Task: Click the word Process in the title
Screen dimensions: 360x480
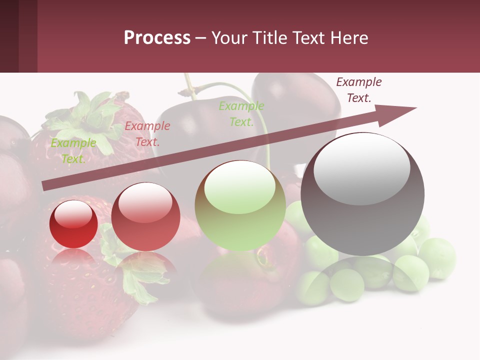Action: pos(157,37)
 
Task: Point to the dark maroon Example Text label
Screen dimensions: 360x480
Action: pos(358,90)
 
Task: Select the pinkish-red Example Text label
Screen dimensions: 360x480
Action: pos(147,134)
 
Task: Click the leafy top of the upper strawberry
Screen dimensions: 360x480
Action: pos(90,117)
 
